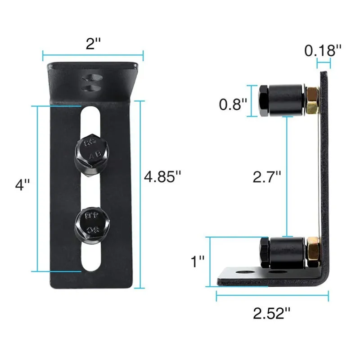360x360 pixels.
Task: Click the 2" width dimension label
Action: click(x=93, y=44)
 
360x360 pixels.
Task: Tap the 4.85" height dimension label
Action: click(x=162, y=176)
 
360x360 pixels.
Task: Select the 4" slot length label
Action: click(x=22, y=184)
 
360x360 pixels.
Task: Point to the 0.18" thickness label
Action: click(x=323, y=50)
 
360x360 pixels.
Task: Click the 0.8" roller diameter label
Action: click(x=233, y=104)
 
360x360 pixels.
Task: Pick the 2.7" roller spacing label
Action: click(x=267, y=177)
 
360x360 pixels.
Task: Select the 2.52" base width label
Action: click(x=272, y=313)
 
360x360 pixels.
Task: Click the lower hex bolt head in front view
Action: click(x=93, y=223)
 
